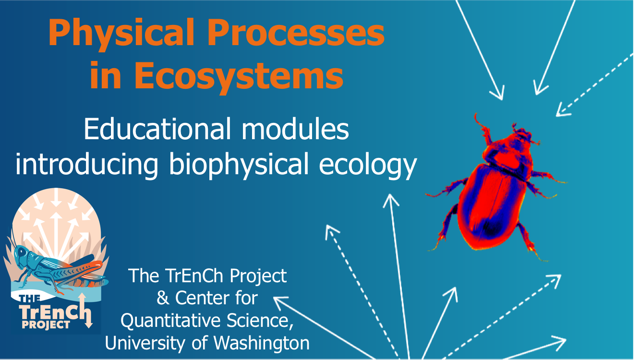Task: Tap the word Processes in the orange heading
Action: click(x=296, y=32)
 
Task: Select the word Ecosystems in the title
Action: click(x=239, y=76)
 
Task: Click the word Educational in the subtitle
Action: click(x=157, y=129)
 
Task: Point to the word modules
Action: click(x=295, y=129)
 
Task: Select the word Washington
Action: click(x=262, y=343)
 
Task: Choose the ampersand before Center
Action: click(x=163, y=298)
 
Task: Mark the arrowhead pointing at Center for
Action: click(x=280, y=302)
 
